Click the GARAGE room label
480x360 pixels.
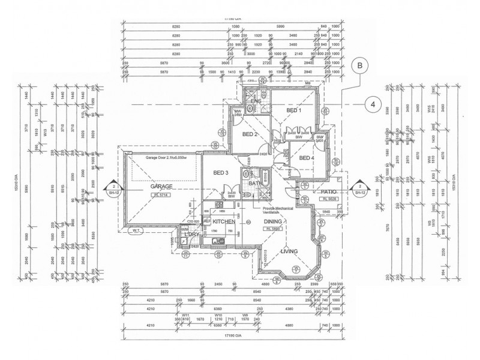pos(161,187)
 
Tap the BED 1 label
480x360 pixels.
pos(293,111)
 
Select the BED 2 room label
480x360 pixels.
pos(249,134)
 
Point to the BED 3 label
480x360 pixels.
pos(221,173)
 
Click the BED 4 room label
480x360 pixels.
pos(307,158)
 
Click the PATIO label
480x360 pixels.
pos(328,190)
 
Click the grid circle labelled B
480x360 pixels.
pos(360,65)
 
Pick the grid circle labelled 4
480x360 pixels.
pos(373,104)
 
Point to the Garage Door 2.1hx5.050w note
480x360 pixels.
pos(166,158)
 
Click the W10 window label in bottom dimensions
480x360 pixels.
pos(218,314)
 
